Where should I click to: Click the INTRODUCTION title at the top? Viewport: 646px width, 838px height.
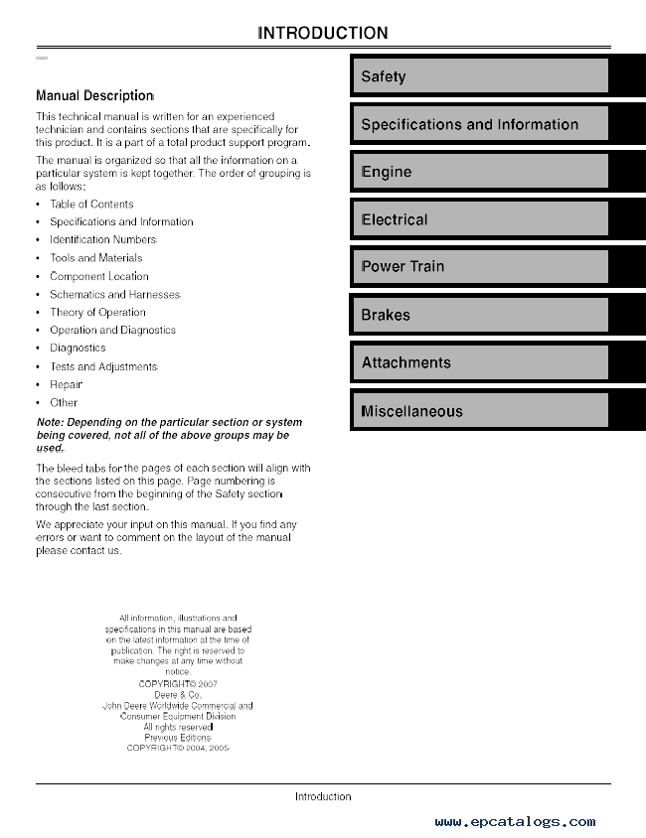click(323, 33)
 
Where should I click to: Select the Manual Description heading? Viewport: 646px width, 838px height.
click(94, 96)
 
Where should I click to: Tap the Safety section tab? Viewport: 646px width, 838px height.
click(479, 76)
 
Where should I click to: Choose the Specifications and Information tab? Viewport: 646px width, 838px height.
click(479, 124)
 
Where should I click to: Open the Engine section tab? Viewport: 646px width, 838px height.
click(479, 172)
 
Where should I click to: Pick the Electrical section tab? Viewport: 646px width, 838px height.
click(479, 219)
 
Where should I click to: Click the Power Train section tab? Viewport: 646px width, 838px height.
click(479, 266)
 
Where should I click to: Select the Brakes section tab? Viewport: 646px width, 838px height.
click(479, 315)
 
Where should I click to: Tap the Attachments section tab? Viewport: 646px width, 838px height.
click(479, 362)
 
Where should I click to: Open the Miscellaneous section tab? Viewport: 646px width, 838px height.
click(479, 411)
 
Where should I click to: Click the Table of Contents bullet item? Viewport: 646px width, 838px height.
click(91, 204)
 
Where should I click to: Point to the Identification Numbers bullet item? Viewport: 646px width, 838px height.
click(103, 240)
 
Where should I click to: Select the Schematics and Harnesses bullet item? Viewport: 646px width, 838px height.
click(115, 295)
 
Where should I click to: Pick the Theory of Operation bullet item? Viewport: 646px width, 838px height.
click(97, 313)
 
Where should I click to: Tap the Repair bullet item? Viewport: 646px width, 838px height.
click(67, 384)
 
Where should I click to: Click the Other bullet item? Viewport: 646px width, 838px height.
click(64, 403)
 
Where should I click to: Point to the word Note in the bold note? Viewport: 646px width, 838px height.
click(49, 422)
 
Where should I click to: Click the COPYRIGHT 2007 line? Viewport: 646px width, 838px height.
click(179, 683)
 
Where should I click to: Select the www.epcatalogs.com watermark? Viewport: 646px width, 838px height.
click(515, 822)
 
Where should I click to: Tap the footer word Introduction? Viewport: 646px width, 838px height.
click(323, 796)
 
